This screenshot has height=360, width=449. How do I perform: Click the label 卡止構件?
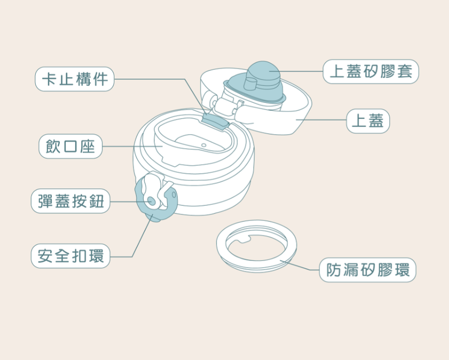click(x=74, y=79)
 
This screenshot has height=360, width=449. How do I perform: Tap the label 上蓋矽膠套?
click(x=371, y=71)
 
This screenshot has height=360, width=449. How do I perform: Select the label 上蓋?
click(x=368, y=121)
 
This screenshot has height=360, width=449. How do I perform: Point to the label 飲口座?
click(x=70, y=146)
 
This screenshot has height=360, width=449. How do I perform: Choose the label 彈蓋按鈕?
click(x=70, y=201)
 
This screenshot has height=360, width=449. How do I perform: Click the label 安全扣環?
click(x=70, y=256)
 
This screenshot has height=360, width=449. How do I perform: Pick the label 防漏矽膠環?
click(x=368, y=270)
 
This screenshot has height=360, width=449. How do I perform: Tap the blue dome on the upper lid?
click(x=264, y=71)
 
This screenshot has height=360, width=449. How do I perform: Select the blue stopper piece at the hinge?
click(x=215, y=121)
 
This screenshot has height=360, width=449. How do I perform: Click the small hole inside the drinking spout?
click(x=203, y=145)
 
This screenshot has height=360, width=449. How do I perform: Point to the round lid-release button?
click(x=152, y=201)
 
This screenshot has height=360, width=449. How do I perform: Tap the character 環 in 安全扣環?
click(x=96, y=256)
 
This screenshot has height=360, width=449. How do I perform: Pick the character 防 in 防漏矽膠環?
click(x=334, y=270)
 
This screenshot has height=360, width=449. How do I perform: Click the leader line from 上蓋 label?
click(x=321, y=120)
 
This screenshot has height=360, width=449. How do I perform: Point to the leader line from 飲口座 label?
click(x=133, y=146)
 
